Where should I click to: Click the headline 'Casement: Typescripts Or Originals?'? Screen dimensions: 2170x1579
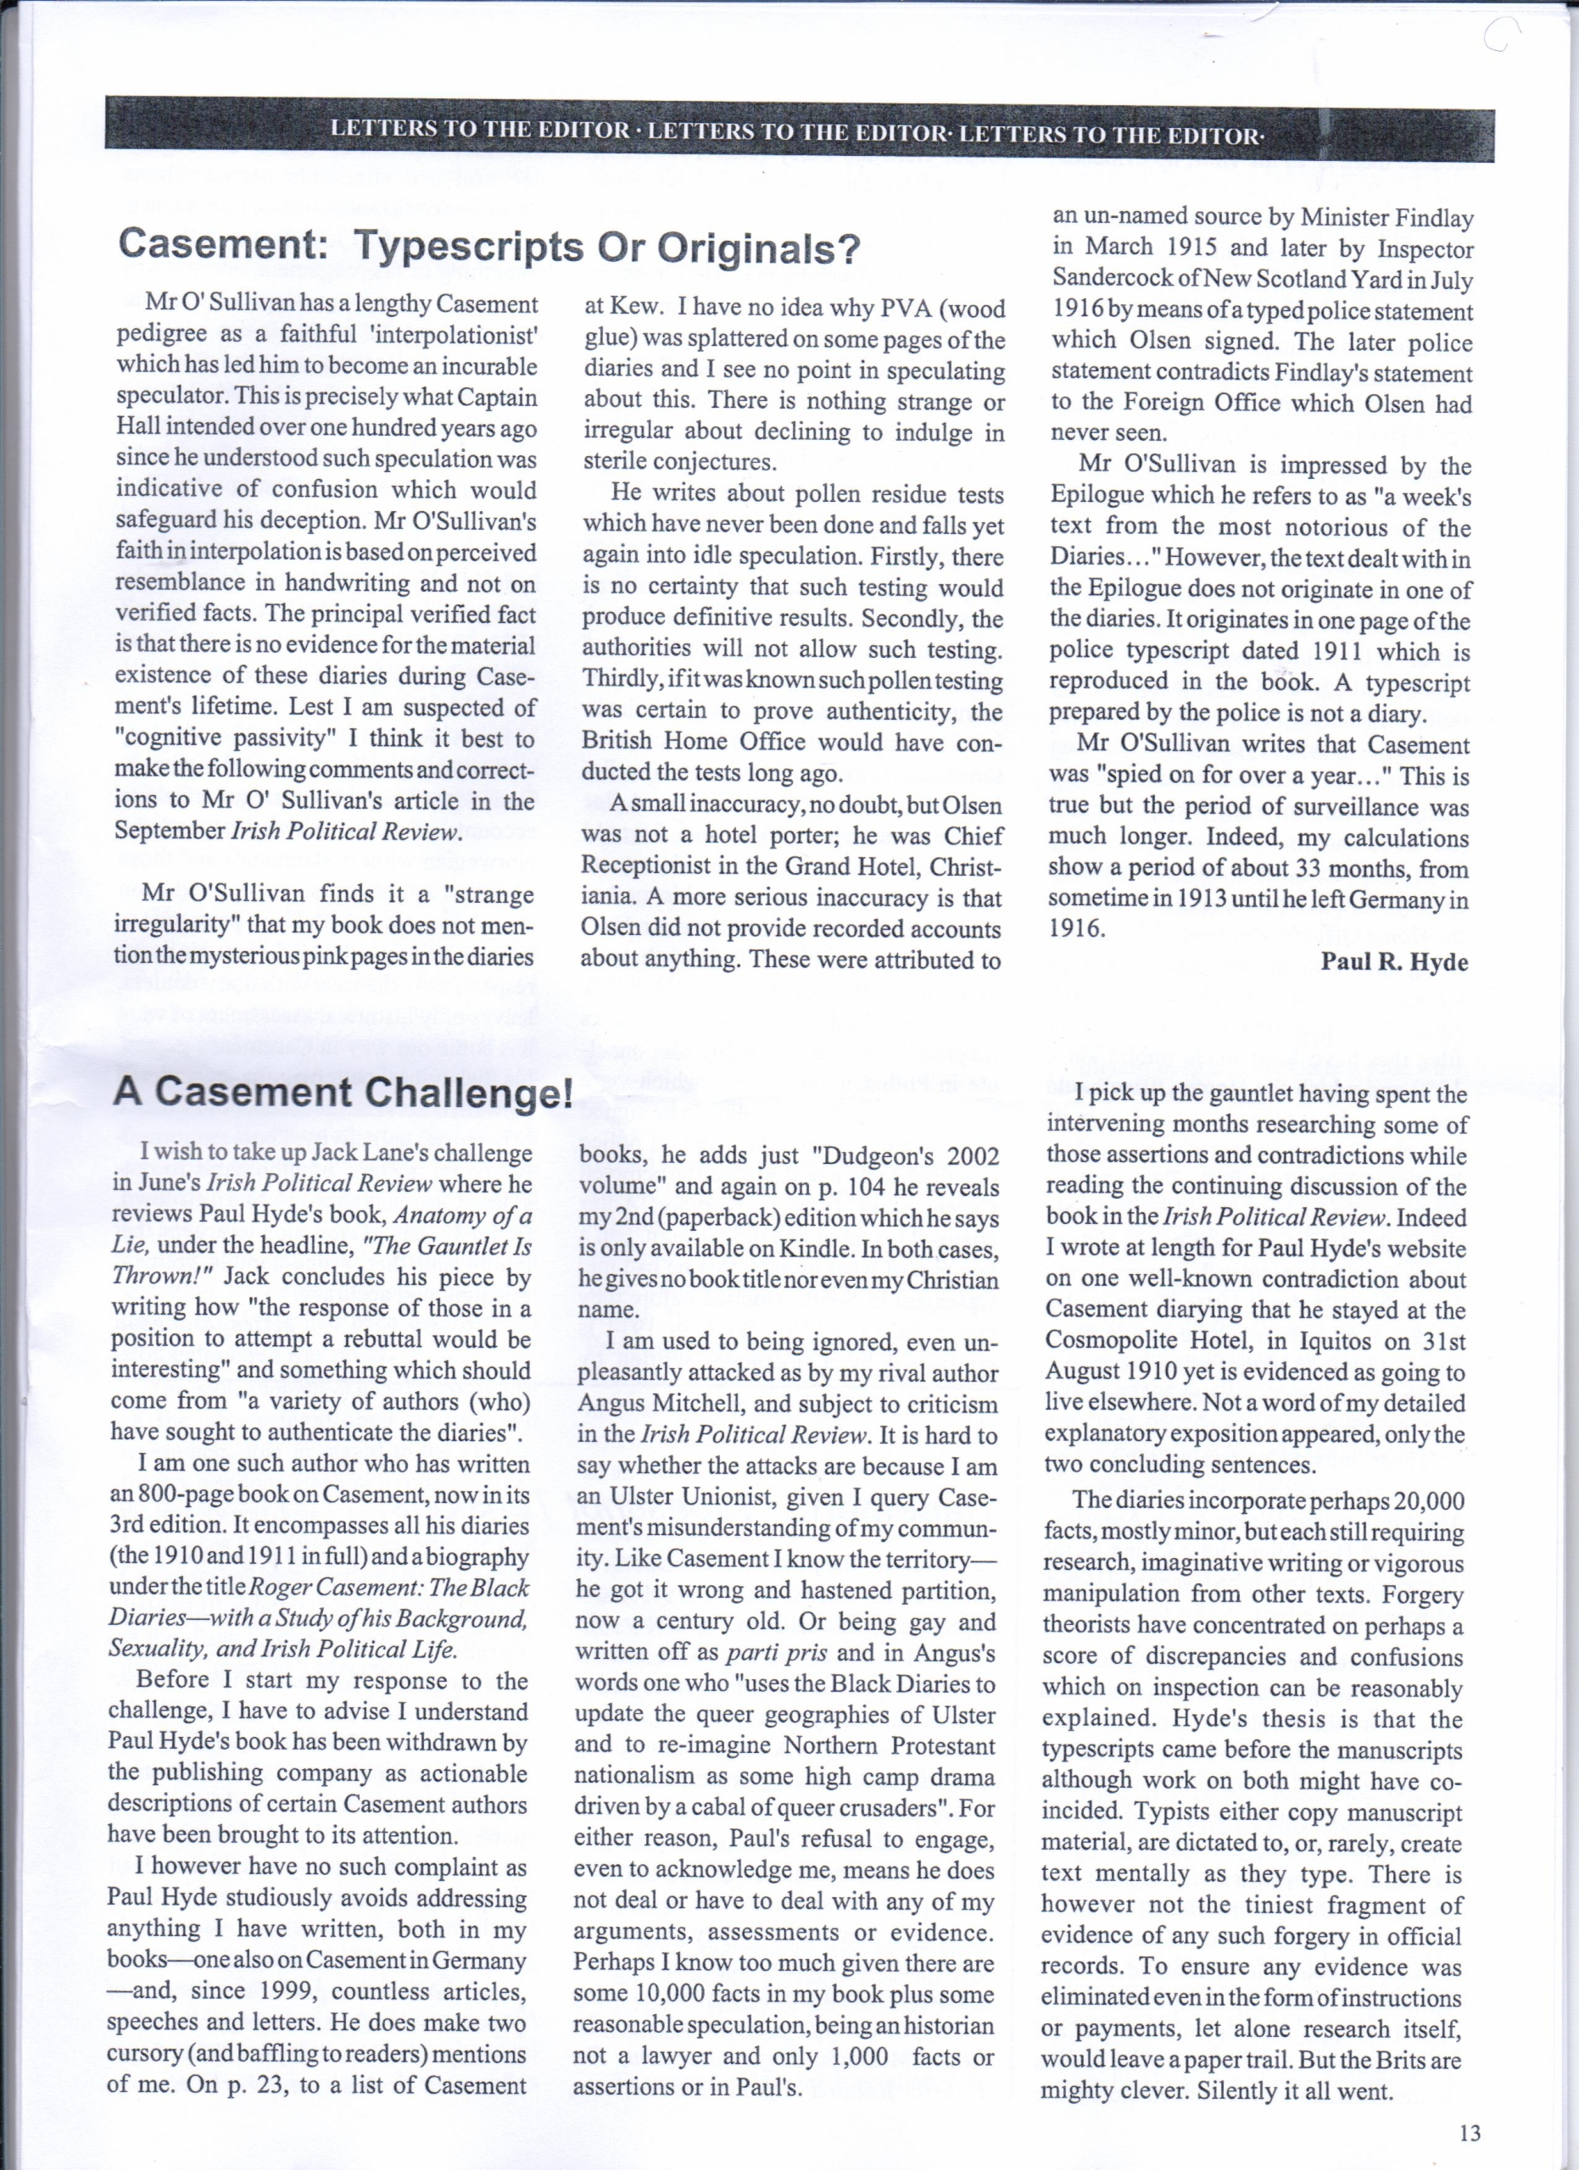[x=489, y=247]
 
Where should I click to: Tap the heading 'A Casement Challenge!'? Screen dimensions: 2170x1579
[x=343, y=1092]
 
